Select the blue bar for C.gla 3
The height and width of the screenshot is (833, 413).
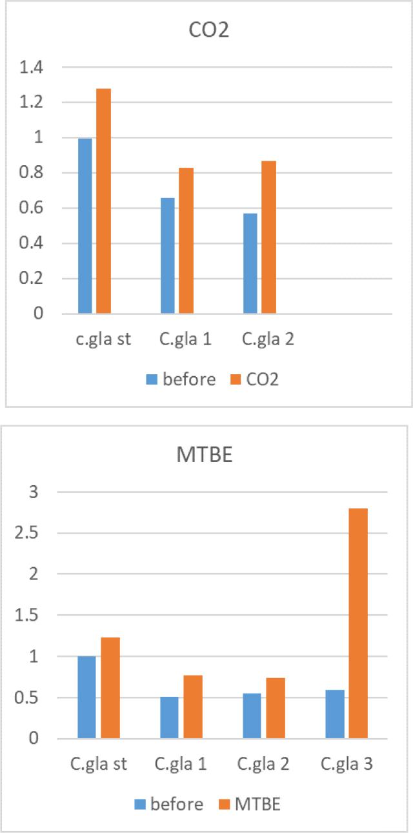point(335,714)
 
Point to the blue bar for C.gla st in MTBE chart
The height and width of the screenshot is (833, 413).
point(86,697)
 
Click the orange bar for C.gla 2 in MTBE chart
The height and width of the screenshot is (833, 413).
point(276,708)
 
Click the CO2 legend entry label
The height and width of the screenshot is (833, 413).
point(262,379)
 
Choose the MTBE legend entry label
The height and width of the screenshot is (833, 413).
point(258,804)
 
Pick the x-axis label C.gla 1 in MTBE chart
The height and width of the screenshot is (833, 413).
point(181,765)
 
